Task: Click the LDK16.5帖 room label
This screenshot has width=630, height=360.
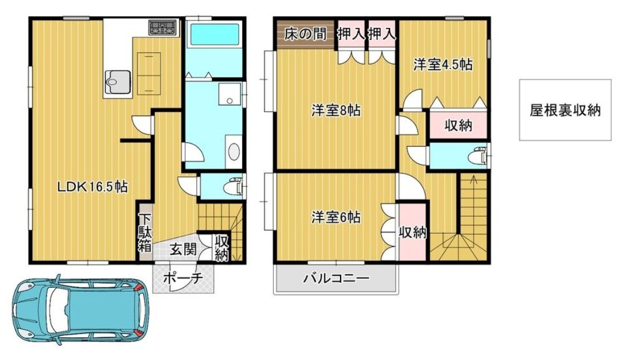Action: coord(92,187)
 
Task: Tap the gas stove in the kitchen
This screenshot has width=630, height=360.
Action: coord(163,28)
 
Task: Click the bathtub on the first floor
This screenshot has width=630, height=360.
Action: coord(215,34)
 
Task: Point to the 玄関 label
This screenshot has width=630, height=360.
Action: coord(183,249)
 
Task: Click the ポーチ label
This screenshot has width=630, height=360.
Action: coord(183,278)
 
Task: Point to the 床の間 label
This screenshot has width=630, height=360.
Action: coord(306,34)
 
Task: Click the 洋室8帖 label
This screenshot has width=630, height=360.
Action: coord(336,110)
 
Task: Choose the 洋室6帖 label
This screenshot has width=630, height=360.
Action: coord(336,218)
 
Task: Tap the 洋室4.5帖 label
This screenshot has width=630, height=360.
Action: coord(443,65)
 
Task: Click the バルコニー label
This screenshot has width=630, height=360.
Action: coord(336,278)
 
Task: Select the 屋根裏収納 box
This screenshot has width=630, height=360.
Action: coord(565,110)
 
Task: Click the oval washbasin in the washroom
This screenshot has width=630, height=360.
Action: coord(233,152)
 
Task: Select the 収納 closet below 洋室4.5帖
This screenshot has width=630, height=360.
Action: coord(458,125)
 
